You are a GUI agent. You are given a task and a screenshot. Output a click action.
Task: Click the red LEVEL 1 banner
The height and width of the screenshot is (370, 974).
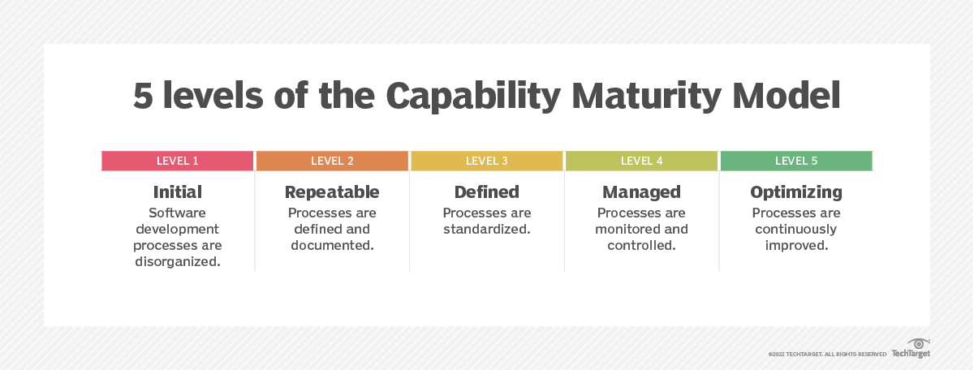point(178,161)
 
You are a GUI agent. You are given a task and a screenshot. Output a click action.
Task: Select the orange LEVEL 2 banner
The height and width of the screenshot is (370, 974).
point(332,161)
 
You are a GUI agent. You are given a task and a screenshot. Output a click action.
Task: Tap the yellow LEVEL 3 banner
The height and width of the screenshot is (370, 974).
point(487,161)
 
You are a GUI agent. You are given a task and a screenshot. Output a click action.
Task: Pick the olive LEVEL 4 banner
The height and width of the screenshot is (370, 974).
point(641,161)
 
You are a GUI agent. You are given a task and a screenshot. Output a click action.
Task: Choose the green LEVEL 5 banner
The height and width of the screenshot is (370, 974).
point(796,161)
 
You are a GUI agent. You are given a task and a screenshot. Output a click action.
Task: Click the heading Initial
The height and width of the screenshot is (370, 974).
point(178,192)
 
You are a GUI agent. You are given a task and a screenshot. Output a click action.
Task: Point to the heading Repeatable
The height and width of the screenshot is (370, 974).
point(332,192)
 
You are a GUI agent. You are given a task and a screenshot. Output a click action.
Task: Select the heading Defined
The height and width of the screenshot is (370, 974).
point(487,192)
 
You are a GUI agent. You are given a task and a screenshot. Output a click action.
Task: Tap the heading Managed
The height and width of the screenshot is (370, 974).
point(641,192)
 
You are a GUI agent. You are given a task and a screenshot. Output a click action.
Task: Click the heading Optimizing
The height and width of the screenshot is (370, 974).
point(796,192)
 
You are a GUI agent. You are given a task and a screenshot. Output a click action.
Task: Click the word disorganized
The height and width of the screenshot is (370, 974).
point(178,261)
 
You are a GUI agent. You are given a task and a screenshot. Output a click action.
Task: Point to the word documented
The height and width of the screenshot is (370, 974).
point(332,245)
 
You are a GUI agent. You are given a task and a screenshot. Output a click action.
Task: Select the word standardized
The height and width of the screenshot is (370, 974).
point(487,229)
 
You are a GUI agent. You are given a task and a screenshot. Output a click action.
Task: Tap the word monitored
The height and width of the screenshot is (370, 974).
point(626,229)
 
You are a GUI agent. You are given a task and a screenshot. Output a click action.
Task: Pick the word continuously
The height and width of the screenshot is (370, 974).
point(796,229)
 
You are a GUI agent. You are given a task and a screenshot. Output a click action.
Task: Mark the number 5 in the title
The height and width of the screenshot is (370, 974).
point(143,96)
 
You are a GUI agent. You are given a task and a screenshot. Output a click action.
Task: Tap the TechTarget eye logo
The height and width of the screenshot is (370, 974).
point(919,344)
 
